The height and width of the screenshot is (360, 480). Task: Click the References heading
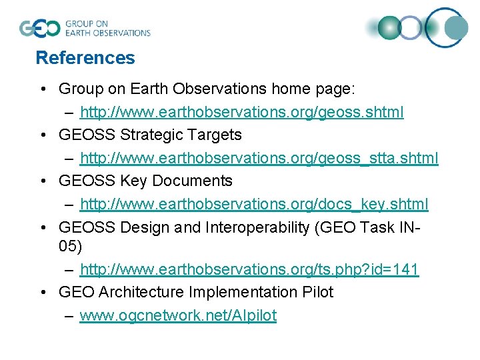tap(85, 58)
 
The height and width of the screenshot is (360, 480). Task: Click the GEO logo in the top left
tap(41, 28)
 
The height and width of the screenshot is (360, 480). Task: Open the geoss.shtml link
tap(241, 111)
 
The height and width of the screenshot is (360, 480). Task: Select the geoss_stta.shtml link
tap(259, 158)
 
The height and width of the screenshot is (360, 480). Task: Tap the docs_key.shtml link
tap(254, 204)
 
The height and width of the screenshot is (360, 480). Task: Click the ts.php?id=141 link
tap(249, 269)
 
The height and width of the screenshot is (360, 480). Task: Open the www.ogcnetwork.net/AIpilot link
tap(178, 315)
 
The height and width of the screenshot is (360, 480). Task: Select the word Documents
tap(192, 181)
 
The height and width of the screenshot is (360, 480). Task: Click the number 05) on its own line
tap(70, 246)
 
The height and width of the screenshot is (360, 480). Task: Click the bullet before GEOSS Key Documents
tap(43, 181)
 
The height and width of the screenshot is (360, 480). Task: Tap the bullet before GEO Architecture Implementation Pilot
tap(43, 292)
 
